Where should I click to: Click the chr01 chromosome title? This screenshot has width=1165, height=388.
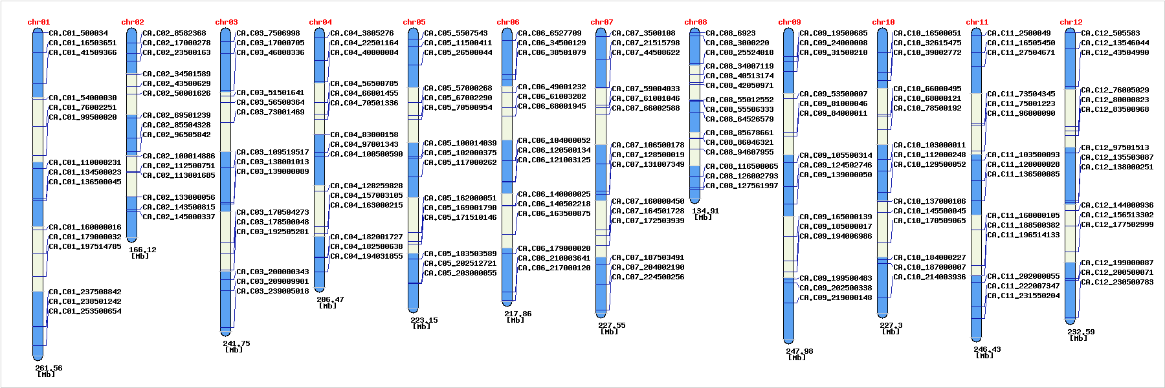38,22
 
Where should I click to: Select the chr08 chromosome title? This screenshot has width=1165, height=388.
695,22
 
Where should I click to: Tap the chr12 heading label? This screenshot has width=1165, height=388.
1071,22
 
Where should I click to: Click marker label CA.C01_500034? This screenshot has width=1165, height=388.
78,33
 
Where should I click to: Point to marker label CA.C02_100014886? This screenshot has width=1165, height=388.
179,156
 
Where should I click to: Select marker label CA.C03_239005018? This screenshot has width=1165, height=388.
272,291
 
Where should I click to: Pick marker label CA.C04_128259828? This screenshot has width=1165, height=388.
366,186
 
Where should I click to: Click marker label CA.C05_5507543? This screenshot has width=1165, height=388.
456,33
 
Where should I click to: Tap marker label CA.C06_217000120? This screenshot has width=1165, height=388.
554,268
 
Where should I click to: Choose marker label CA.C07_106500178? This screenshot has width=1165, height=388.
648,145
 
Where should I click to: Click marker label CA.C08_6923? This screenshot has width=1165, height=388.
730,33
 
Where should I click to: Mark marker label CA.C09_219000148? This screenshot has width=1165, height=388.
836,297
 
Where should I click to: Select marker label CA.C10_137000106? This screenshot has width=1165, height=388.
929,201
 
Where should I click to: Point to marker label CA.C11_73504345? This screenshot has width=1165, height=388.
1021,94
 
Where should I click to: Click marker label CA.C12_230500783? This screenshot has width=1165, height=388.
1117,282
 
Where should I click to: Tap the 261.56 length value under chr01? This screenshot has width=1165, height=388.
49,368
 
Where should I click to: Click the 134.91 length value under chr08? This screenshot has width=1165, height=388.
705,211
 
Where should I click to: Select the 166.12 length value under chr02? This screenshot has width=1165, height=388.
142,250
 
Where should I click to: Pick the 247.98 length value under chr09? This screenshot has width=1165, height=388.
799,351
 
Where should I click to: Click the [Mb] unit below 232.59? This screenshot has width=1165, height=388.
1078,338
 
